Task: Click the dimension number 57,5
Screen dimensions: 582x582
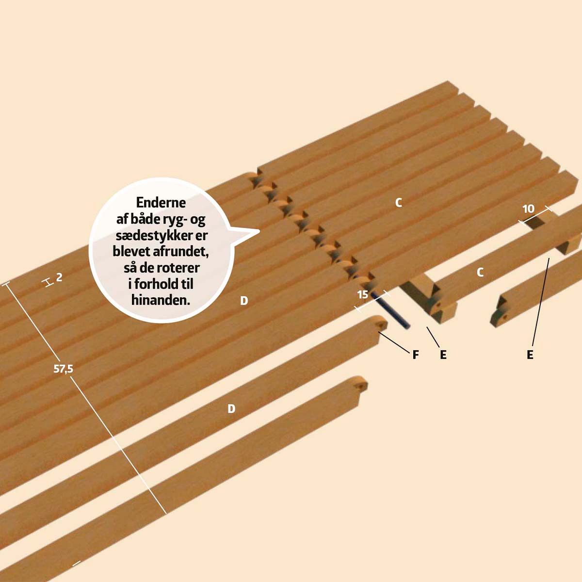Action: coord(63,369)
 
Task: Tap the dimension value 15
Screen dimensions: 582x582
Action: coord(363,294)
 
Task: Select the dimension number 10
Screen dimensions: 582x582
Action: coord(528,209)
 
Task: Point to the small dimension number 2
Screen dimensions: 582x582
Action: coord(59,277)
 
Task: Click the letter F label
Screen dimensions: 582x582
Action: coord(415,355)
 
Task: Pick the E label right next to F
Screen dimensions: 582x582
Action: coord(443,355)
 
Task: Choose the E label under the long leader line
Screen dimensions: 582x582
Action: coord(530,355)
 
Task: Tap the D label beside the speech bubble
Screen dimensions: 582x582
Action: coord(244,301)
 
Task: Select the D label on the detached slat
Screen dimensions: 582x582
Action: coord(231,409)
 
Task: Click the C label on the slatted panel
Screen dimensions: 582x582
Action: coord(399,203)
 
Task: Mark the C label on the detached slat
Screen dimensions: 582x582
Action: coord(480,273)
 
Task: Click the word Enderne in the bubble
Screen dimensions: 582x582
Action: coord(161,202)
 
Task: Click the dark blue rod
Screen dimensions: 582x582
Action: coord(390,310)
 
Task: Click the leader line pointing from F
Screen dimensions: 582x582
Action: coord(394,342)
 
